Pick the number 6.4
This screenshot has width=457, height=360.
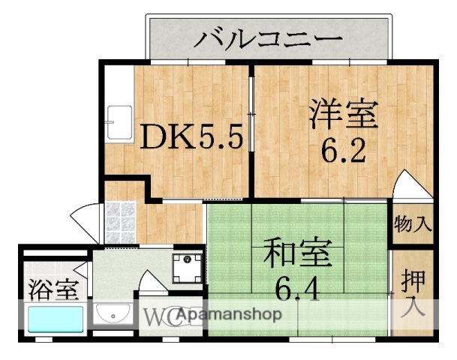(x=296, y=288)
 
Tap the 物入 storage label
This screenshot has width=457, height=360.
(x=413, y=223)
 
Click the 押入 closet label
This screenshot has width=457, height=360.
(x=413, y=292)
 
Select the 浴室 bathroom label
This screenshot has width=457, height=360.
(x=52, y=288)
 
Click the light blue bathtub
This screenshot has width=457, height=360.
(x=55, y=319)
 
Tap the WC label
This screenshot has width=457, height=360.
(x=158, y=316)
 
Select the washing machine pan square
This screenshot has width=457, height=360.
(x=188, y=266)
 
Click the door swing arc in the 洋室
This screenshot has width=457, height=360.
(x=410, y=186)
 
